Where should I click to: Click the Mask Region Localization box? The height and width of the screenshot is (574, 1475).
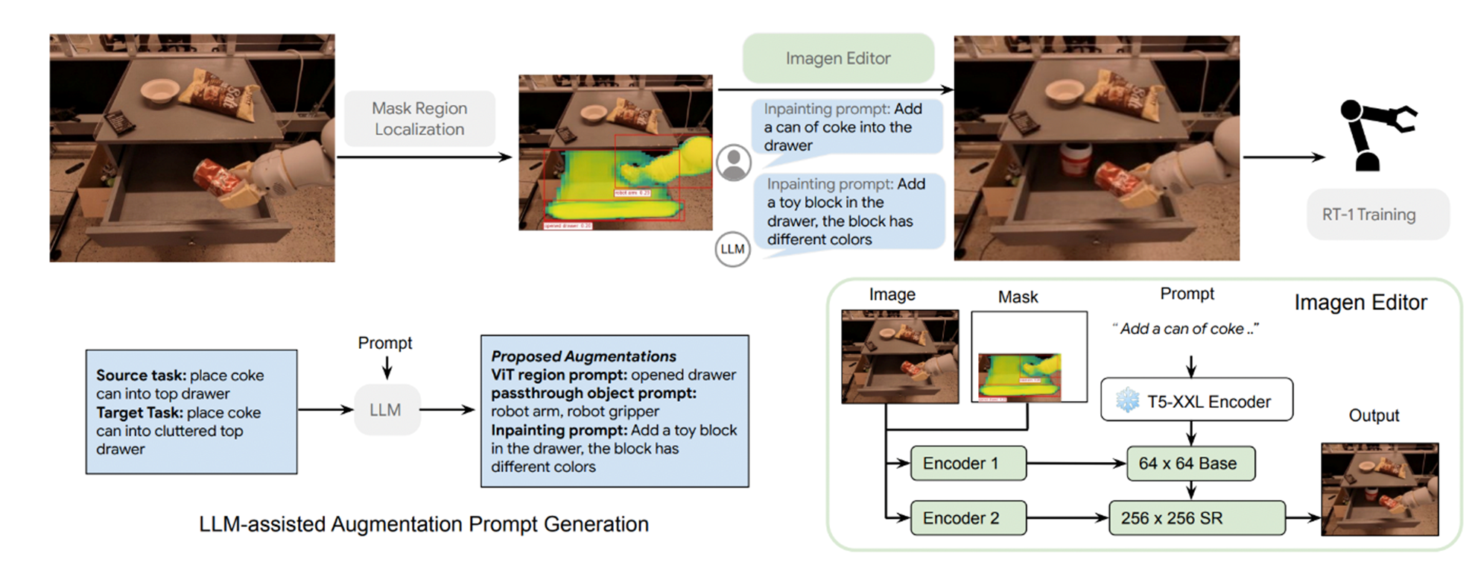(419, 119)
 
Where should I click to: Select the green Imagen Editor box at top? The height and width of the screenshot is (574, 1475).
(838, 58)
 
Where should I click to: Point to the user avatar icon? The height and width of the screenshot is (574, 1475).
(734, 163)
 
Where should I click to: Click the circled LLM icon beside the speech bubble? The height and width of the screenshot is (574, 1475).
(732, 249)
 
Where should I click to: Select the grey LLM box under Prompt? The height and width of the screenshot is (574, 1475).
(386, 410)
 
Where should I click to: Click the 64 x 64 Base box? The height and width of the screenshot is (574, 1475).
(1190, 464)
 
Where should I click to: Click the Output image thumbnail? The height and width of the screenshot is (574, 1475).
(1380, 489)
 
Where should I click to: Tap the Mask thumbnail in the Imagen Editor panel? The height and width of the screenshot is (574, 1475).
(1029, 357)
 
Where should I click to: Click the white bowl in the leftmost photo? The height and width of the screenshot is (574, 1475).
(159, 90)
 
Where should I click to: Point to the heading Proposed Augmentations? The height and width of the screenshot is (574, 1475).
(583, 356)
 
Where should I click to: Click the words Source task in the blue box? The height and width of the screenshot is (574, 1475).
(141, 376)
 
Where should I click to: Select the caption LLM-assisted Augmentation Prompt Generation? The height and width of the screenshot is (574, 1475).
(423, 524)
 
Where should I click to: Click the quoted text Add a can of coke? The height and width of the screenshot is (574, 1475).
(1184, 329)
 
